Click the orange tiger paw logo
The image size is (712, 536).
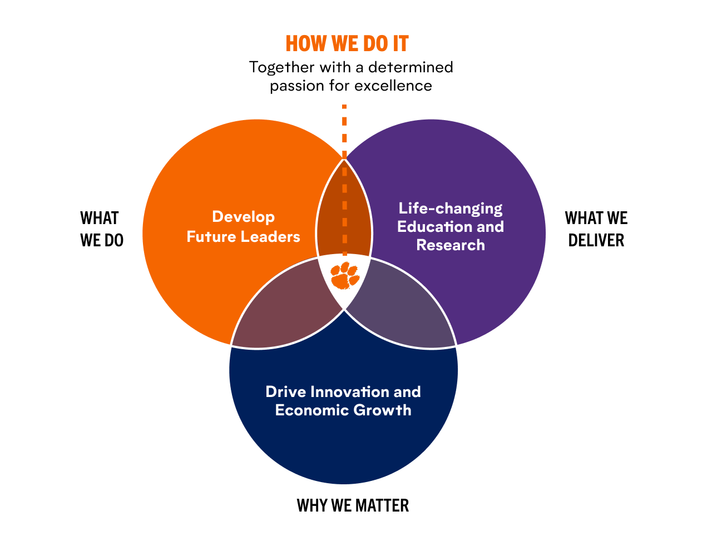(345, 275)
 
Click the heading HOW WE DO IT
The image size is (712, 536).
(347, 43)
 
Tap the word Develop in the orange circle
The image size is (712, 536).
(243, 217)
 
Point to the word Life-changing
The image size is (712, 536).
(451, 209)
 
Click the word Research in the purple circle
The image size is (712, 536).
(451, 245)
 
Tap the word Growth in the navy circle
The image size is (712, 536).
(383, 410)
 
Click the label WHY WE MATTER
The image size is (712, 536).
(353, 505)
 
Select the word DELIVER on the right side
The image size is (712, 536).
(596, 240)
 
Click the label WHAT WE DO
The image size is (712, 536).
(102, 229)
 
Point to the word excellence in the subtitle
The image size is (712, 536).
(393, 86)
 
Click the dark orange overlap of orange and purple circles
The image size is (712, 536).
(344, 211)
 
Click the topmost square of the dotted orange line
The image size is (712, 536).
(344, 107)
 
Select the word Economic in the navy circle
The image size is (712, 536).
(311, 410)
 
